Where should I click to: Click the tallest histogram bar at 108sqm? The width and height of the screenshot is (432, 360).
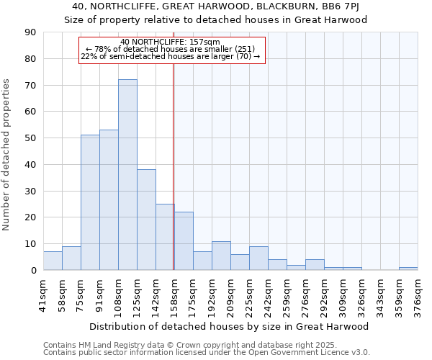127,175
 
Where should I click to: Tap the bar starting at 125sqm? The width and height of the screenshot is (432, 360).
146,220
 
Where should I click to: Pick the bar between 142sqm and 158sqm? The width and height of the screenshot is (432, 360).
165,237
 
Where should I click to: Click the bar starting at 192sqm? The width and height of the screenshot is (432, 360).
221,256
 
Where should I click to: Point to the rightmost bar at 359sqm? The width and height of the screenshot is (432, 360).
408,269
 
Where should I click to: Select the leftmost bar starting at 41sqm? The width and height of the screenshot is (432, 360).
53,261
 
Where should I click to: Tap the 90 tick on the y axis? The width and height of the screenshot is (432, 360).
32,32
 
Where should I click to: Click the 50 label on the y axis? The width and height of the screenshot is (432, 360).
32,138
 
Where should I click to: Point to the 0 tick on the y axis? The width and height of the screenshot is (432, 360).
35,270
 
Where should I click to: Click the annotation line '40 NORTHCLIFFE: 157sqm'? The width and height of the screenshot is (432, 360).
171,42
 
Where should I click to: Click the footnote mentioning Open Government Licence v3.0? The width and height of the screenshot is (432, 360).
207,353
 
